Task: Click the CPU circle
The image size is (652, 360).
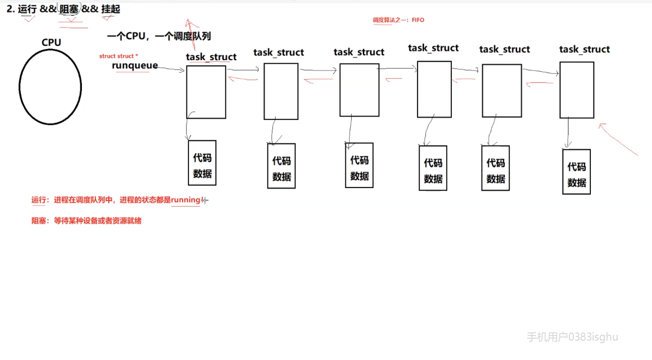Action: (x=50, y=87)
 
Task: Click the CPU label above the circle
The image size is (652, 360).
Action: (x=51, y=42)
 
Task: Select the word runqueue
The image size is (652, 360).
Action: (x=135, y=65)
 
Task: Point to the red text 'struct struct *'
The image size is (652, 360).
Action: (x=118, y=56)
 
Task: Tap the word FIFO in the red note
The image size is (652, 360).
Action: (x=418, y=20)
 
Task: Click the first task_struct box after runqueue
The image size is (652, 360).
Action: (x=206, y=92)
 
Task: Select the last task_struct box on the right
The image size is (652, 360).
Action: (x=577, y=90)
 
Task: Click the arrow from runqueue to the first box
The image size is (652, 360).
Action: (x=171, y=69)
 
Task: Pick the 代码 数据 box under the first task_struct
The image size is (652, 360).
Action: (x=202, y=163)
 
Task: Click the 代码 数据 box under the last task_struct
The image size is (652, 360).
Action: (x=577, y=172)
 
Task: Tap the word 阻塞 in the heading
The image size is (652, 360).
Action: (x=69, y=9)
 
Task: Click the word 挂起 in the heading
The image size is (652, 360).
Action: (x=111, y=9)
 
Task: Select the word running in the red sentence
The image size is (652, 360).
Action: (x=186, y=200)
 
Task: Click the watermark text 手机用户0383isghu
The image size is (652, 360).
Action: (x=572, y=337)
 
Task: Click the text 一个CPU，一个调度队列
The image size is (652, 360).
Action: (x=159, y=36)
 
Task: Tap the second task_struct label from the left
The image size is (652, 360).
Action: (x=279, y=53)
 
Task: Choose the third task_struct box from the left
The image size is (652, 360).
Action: (x=359, y=90)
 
